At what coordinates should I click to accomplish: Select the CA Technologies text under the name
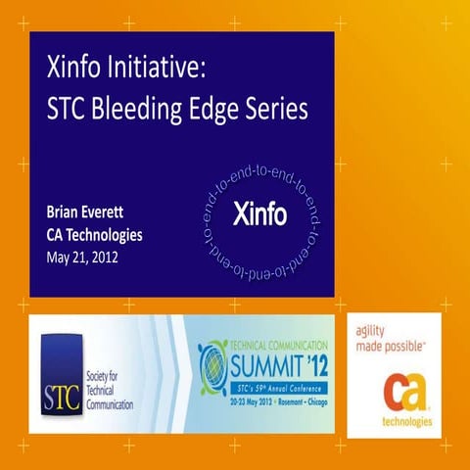pos(94,235)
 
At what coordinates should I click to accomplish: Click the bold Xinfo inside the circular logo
pos(259,214)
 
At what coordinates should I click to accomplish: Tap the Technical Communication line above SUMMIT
pos(274,347)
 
